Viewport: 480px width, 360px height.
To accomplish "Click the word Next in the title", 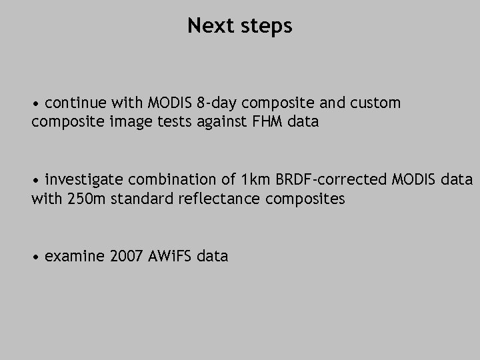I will pos(207,26).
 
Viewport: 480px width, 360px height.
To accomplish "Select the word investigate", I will pos(85,180).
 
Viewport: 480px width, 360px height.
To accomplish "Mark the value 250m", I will pos(87,199).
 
